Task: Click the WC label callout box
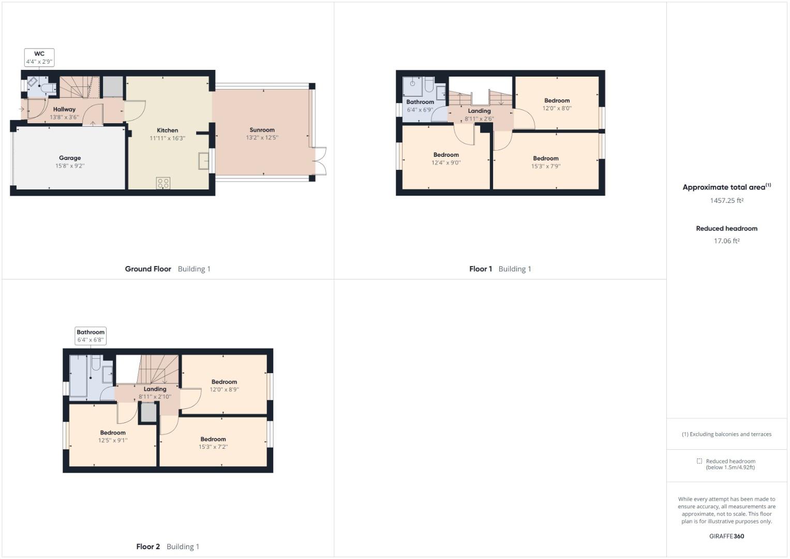click(x=39, y=57)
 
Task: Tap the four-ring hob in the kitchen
click(x=163, y=183)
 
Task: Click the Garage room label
click(x=70, y=158)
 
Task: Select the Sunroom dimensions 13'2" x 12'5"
click(x=262, y=138)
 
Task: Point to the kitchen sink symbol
click(x=203, y=161)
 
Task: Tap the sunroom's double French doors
click(x=320, y=161)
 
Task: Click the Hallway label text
click(x=64, y=109)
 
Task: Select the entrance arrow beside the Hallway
click(x=22, y=109)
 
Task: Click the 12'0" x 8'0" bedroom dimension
click(x=557, y=108)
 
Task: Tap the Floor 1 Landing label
click(x=479, y=111)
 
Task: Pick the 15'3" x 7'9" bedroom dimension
click(x=546, y=166)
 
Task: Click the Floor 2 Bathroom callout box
click(x=91, y=335)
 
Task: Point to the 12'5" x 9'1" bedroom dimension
click(x=113, y=440)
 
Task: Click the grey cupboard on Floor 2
click(x=148, y=413)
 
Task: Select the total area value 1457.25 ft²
click(x=726, y=200)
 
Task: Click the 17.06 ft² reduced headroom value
click(x=726, y=241)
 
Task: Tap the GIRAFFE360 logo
click(x=726, y=536)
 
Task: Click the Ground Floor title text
click(x=148, y=269)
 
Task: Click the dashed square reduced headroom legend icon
click(x=699, y=461)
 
